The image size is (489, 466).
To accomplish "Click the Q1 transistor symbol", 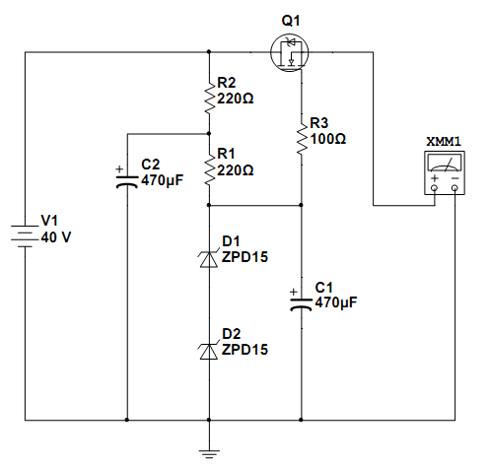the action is (290, 52).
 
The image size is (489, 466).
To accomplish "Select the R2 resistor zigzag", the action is (209, 98).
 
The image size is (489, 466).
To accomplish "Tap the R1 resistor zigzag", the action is (209, 169).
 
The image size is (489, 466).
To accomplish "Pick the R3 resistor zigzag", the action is (302, 138).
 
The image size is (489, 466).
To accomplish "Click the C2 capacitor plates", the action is (127, 181).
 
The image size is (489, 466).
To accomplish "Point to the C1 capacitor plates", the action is (301, 304).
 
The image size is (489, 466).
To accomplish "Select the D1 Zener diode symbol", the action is (209, 259).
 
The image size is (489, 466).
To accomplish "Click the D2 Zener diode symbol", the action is (209, 351).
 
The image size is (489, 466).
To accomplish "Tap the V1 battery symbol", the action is (25, 236).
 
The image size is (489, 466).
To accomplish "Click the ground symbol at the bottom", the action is (209, 454).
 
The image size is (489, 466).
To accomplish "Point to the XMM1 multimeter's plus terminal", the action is (435, 188).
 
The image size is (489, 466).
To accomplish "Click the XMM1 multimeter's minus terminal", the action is (454, 188).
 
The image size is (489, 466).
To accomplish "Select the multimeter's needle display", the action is (445, 164).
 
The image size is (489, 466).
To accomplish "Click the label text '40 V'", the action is (56, 237).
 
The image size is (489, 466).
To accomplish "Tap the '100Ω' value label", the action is (327, 139).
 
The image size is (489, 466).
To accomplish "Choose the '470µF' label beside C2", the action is (162, 180).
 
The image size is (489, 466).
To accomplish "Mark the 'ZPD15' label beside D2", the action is (244, 350).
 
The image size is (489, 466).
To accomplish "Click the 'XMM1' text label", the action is (444, 142).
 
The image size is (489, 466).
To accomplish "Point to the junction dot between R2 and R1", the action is (209, 134).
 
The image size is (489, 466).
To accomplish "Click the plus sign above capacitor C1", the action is (294, 292).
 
